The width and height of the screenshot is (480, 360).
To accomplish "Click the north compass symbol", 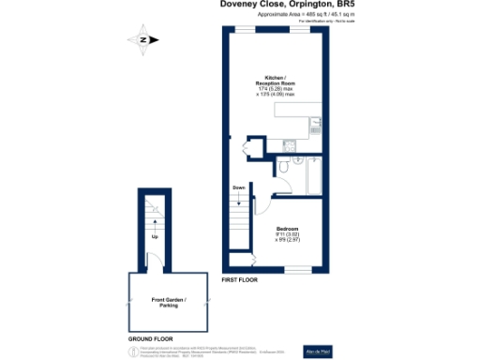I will pyautogui.click(x=142, y=39).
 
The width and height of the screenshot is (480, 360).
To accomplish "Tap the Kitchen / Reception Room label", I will pyautogui.click(x=276, y=81).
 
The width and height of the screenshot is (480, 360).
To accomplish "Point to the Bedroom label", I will pyautogui.click(x=287, y=228).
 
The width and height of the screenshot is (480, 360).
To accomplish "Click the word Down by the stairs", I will pyautogui.click(x=239, y=187).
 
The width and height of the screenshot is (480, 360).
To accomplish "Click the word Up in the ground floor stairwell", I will pyautogui.click(x=155, y=236).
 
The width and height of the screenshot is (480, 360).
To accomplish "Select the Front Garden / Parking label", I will pyautogui.click(x=170, y=302).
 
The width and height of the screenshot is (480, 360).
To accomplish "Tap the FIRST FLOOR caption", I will pyautogui.click(x=240, y=280).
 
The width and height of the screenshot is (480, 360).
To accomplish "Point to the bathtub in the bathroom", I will pyautogui.click(x=312, y=175).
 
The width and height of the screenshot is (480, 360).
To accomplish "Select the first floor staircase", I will pyautogui.click(x=241, y=225).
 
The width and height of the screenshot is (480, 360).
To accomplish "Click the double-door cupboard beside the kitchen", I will pyautogui.click(x=247, y=146).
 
